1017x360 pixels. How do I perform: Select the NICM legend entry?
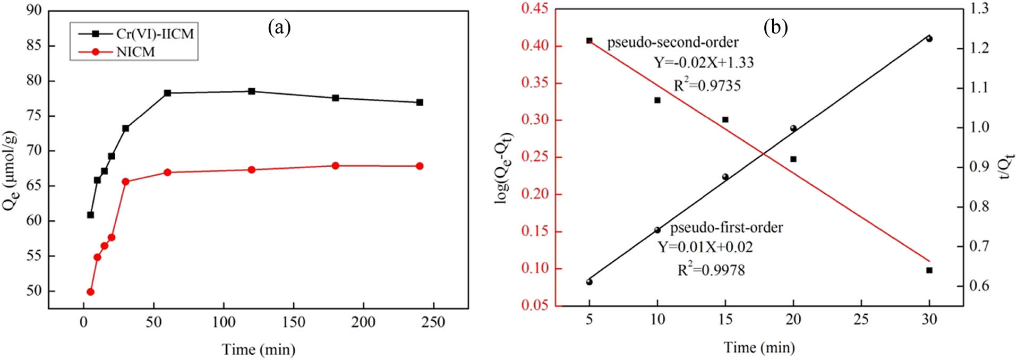coord(135,52)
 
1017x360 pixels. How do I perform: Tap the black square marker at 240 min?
coord(420,102)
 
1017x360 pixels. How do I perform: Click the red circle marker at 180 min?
coord(335,166)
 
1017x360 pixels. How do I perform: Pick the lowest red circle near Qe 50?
coord(90,292)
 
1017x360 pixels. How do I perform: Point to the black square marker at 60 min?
coord(167,93)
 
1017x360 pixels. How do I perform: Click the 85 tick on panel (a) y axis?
coord(34,46)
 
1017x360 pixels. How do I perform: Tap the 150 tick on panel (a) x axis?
coord(293,322)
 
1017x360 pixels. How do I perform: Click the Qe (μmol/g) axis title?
coord(11,170)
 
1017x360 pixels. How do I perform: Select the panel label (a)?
coord(279,27)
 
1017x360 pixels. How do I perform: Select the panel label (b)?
coord(775,27)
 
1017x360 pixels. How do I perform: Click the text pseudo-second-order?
coord(673,42)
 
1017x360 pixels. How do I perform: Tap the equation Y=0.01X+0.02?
coord(705,247)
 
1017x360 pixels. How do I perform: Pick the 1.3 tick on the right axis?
coord(978,8)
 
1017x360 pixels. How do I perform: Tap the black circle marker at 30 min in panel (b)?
coord(929,39)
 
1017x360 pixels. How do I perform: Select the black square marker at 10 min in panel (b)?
coord(657,100)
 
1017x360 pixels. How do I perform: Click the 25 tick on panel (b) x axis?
coord(861,319)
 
